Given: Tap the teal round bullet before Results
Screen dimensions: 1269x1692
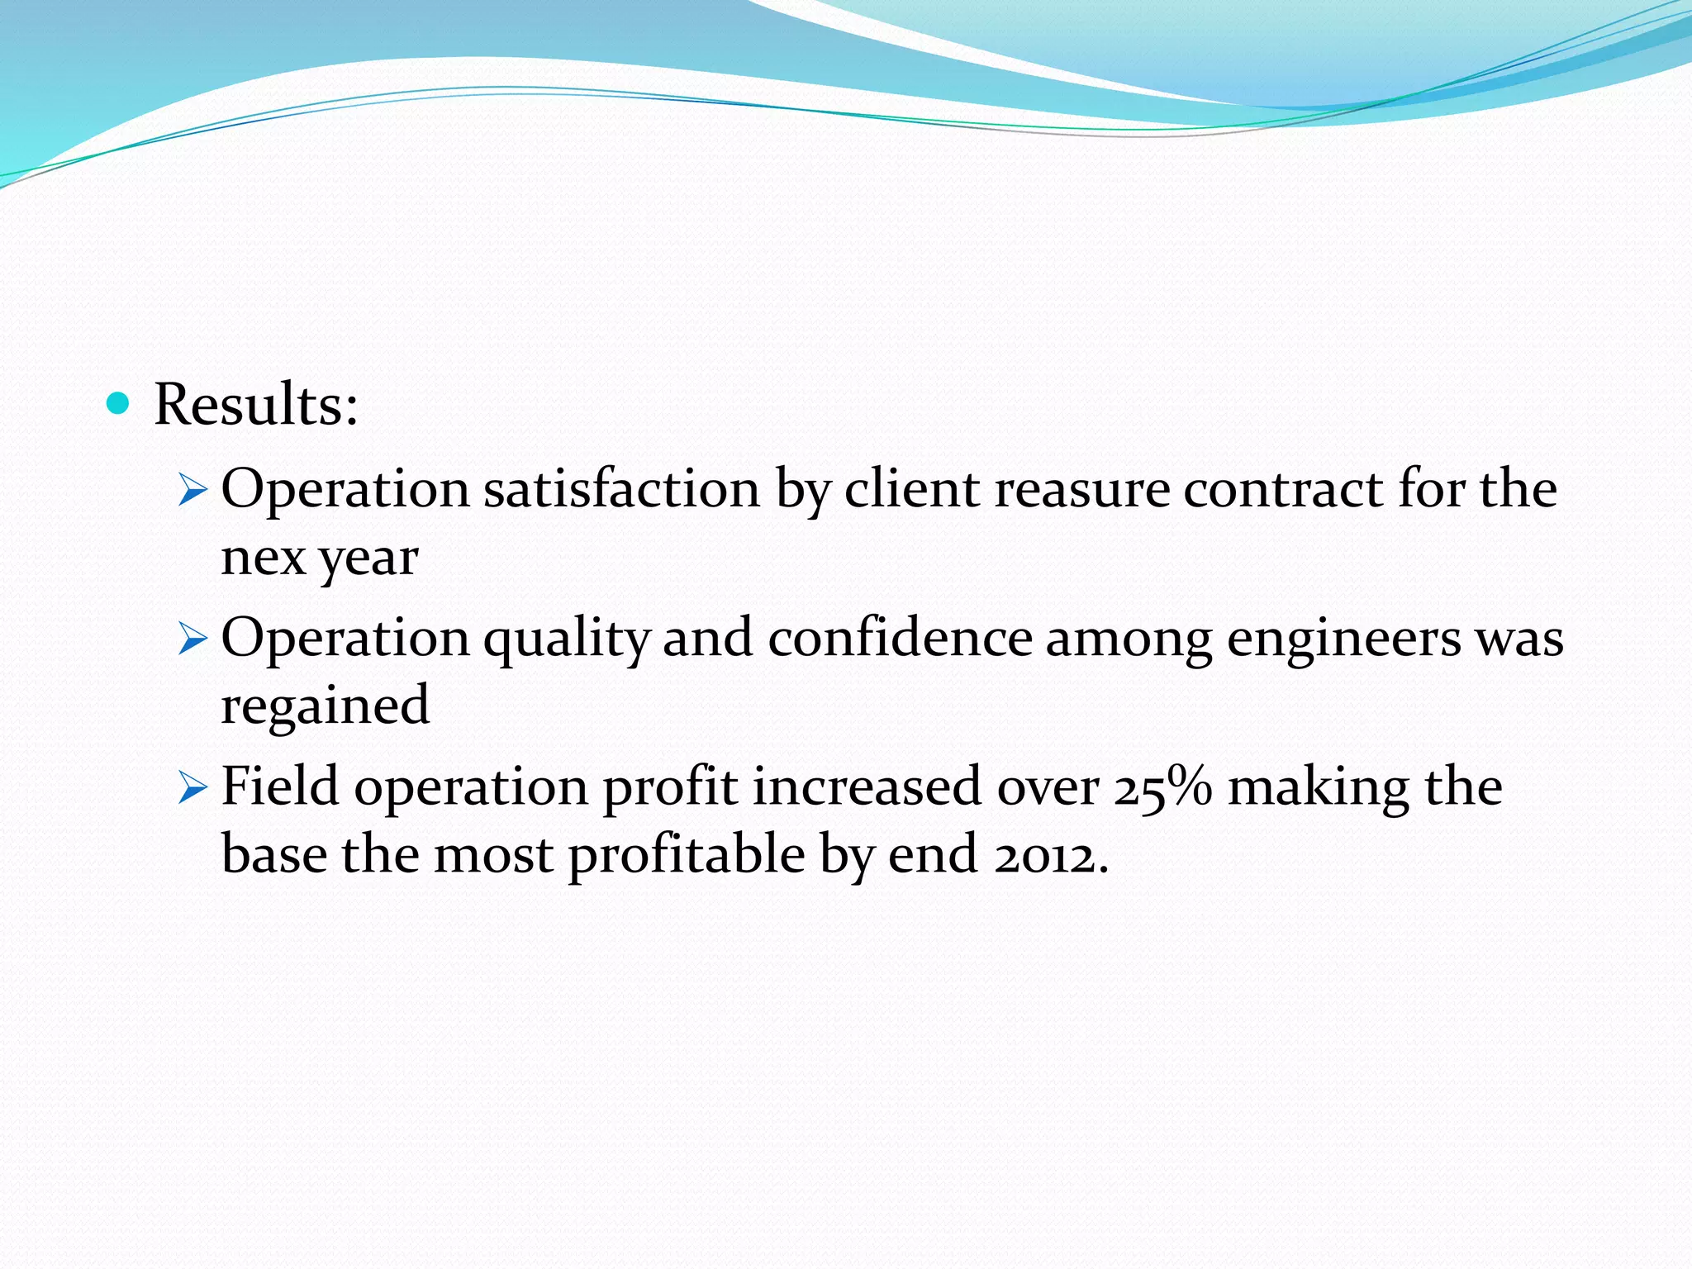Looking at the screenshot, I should click(x=119, y=404).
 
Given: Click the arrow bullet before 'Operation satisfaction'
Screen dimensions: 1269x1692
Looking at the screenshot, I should click(x=192, y=492).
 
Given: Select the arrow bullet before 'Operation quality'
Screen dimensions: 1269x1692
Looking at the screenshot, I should click(x=192, y=641).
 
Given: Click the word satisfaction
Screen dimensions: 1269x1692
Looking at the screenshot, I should click(x=621, y=489).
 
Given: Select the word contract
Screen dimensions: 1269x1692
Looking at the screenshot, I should click(x=1283, y=489).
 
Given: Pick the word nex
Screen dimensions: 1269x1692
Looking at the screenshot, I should click(x=264, y=558).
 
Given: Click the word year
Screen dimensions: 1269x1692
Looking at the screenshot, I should click(x=368, y=560).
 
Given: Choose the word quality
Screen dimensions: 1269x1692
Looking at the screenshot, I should click(x=567, y=639).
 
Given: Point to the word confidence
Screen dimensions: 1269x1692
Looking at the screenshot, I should click(x=900, y=638).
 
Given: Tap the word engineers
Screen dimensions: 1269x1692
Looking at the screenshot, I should click(x=1344, y=639).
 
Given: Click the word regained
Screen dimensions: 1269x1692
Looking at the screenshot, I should click(x=325, y=707).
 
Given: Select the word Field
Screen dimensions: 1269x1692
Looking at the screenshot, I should click(x=280, y=786).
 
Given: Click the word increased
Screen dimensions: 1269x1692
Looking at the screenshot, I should click(x=867, y=787).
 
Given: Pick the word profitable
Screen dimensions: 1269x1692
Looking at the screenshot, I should click(x=687, y=855).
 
